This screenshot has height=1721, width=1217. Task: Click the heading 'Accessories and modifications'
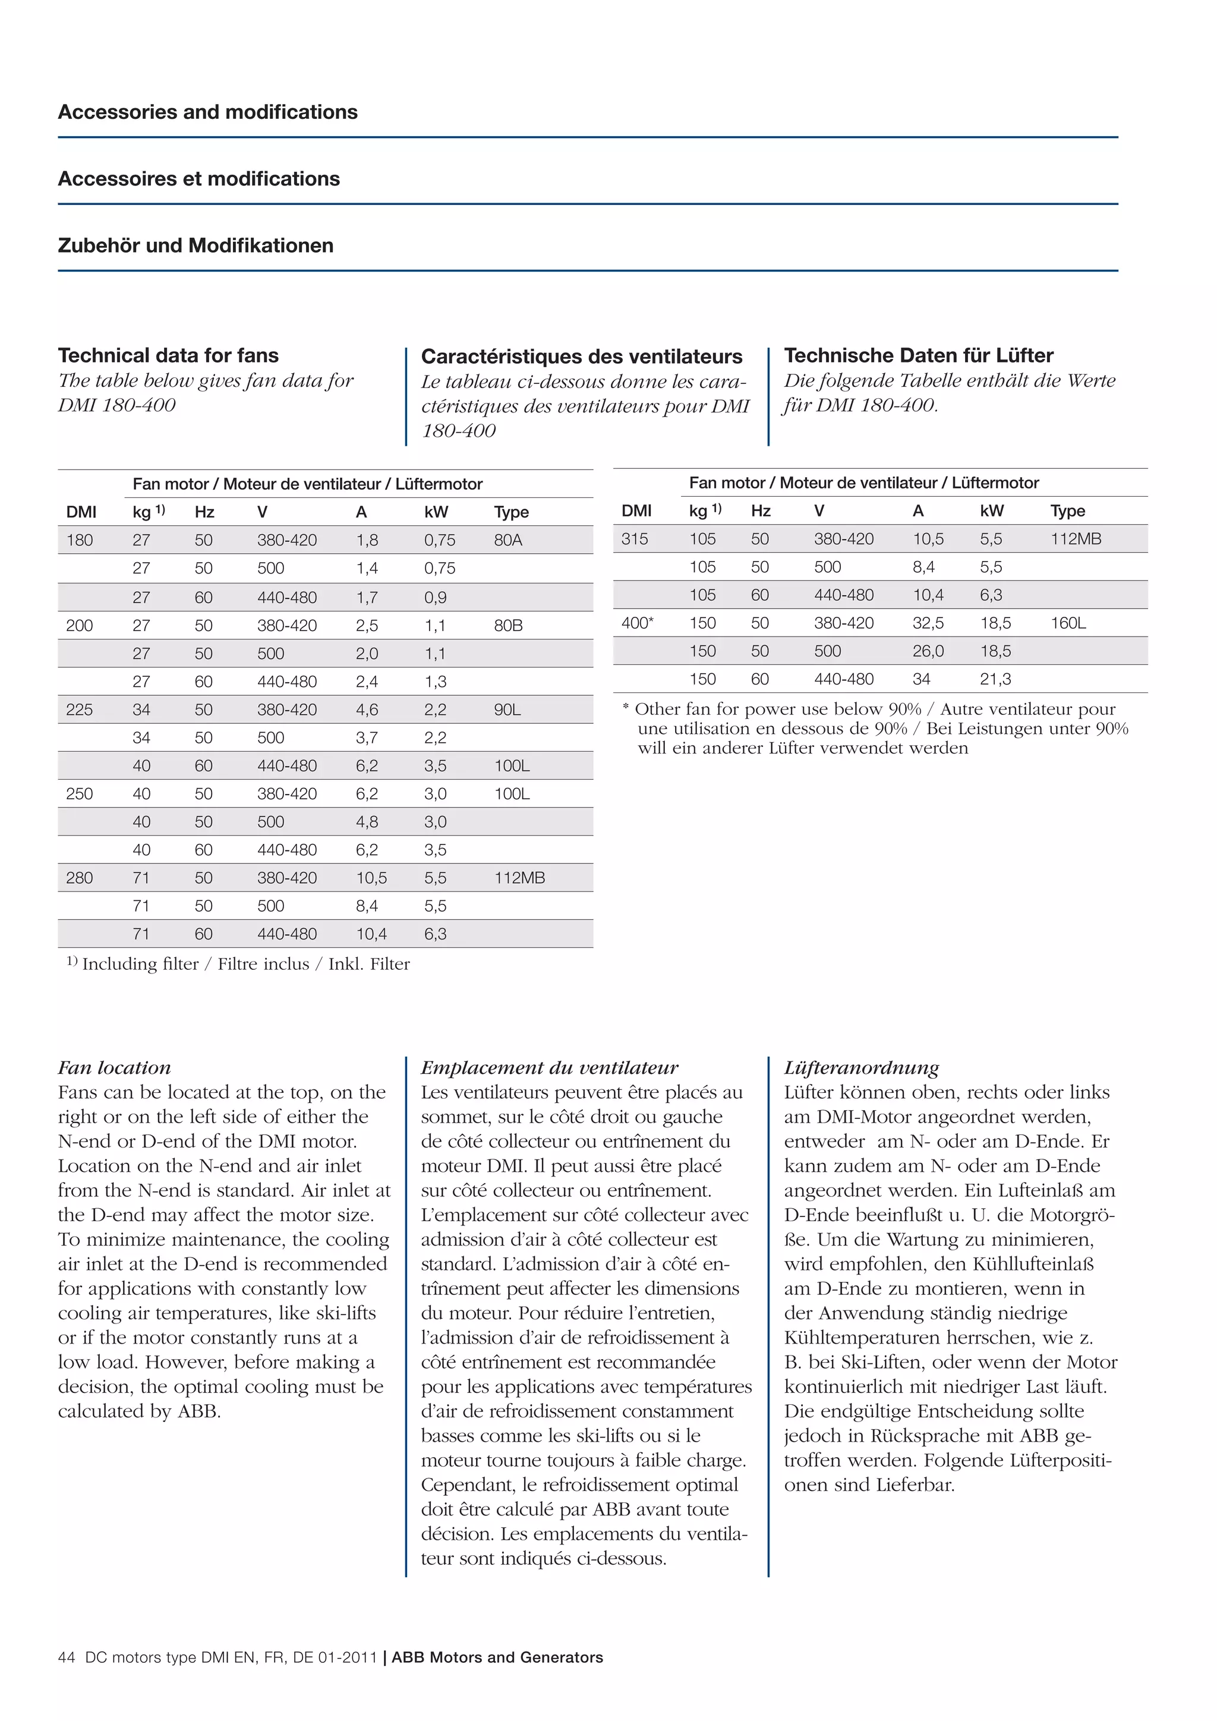pyautogui.click(x=207, y=112)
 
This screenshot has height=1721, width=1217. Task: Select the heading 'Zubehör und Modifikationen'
pyautogui.click(x=196, y=246)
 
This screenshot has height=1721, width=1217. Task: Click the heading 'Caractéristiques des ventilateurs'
pyautogui.click(x=582, y=356)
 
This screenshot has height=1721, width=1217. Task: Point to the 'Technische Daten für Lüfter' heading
pyautogui.click(x=918, y=355)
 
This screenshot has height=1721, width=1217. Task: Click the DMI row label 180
pyautogui.click(x=80, y=540)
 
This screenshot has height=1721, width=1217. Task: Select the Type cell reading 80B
pyautogui.click(x=508, y=626)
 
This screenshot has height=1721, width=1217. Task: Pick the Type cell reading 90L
pyautogui.click(x=507, y=710)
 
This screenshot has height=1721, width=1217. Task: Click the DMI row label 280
pyautogui.click(x=80, y=878)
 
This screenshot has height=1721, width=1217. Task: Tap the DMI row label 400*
pyautogui.click(x=637, y=623)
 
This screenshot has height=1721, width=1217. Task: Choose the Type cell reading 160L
pyautogui.click(x=1068, y=623)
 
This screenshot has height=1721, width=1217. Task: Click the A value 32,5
pyautogui.click(x=928, y=623)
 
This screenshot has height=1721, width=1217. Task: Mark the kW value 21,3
pyautogui.click(x=995, y=679)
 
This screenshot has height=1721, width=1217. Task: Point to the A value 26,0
pyautogui.click(x=928, y=651)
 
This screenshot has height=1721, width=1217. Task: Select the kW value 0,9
pyautogui.click(x=436, y=597)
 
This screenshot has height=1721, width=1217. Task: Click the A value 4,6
pyautogui.click(x=367, y=710)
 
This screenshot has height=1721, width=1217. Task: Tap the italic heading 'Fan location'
pyautogui.click(x=114, y=1067)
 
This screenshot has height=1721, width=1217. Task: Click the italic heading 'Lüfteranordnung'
pyautogui.click(x=861, y=1067)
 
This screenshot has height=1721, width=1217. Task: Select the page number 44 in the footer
pyautogui.click(x=66, y=1657)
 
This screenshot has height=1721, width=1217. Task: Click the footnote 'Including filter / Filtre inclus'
pyautogui.click(x=238, y=964)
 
